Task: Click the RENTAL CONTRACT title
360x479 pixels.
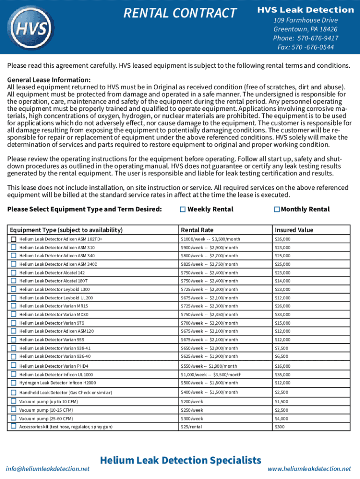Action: coord(180,14)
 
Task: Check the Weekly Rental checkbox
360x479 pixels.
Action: coord(183,210)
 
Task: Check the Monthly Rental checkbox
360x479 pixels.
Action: coord(277,210)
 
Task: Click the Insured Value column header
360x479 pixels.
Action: coord(294,230)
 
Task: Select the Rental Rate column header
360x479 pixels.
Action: coord(197,230)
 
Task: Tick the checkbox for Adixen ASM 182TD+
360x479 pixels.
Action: coord(14,239)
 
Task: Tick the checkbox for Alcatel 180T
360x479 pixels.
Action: coord(14,281)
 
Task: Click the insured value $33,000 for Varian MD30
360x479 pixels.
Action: coord(282,314)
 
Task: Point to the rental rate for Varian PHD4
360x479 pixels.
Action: coord(209,366)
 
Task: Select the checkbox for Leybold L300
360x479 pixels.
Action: coord(14,289)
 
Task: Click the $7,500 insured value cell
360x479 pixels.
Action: coord(281,348)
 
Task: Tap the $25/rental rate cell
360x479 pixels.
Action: coord(192,427)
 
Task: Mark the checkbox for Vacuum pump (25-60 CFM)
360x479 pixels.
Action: coord(14,418)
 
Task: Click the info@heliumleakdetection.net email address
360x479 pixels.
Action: coord(47,469)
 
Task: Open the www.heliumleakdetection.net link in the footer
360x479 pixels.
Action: coord(309,469)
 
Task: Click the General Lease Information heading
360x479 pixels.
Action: coord(49,80)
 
